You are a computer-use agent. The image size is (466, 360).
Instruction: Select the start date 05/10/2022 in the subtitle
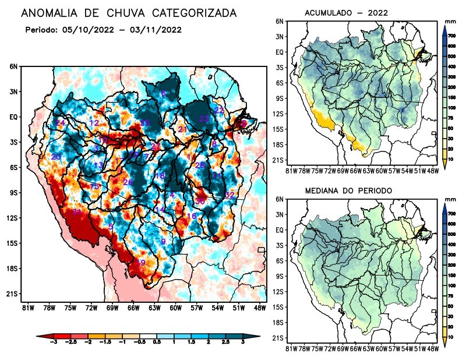(x=93, y=30)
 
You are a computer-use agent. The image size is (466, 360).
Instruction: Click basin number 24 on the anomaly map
(x=60, y=123)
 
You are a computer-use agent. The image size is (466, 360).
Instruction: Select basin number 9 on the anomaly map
(x=164, y=241)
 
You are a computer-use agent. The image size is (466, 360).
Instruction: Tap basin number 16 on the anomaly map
(x=191, y=216)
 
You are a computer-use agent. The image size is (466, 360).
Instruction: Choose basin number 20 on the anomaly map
(x=56, y=157)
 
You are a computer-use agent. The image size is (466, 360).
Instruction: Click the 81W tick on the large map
(x=26, y=308)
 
